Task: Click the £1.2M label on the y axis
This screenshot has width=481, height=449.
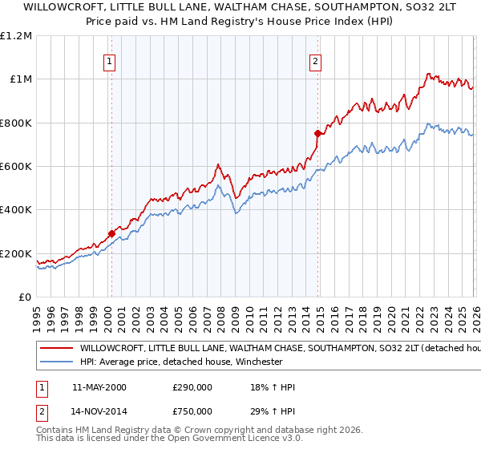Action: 16,35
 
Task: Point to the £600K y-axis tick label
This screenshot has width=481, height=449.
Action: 16,167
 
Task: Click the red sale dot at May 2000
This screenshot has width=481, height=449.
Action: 111,234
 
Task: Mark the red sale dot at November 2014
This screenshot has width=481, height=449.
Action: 317,134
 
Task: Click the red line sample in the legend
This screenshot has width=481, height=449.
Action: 56,349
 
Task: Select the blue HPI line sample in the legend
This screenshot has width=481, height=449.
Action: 56,362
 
